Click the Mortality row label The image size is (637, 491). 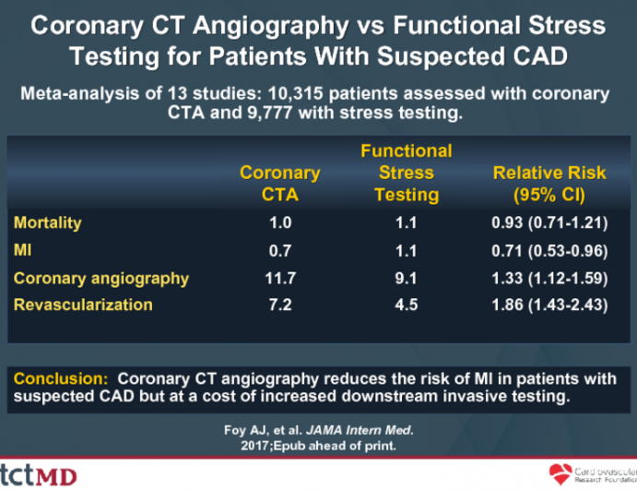point(48,222)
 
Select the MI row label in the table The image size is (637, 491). point(23,250)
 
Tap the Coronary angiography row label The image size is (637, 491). point(101,278)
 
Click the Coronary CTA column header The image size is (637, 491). point(279,184)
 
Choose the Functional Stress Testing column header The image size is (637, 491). point(406,173)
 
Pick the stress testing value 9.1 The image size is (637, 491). point(407,278)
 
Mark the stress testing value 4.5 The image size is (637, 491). point(407,305)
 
